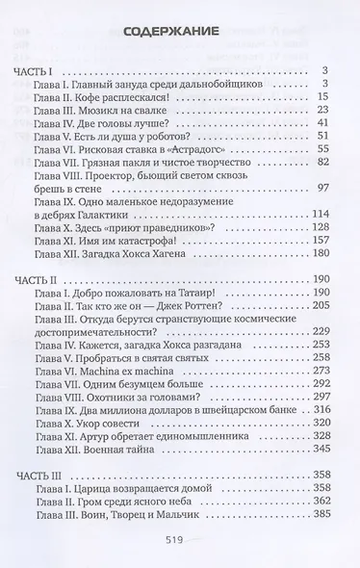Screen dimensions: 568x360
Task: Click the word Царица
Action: (x=123, y=490)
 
